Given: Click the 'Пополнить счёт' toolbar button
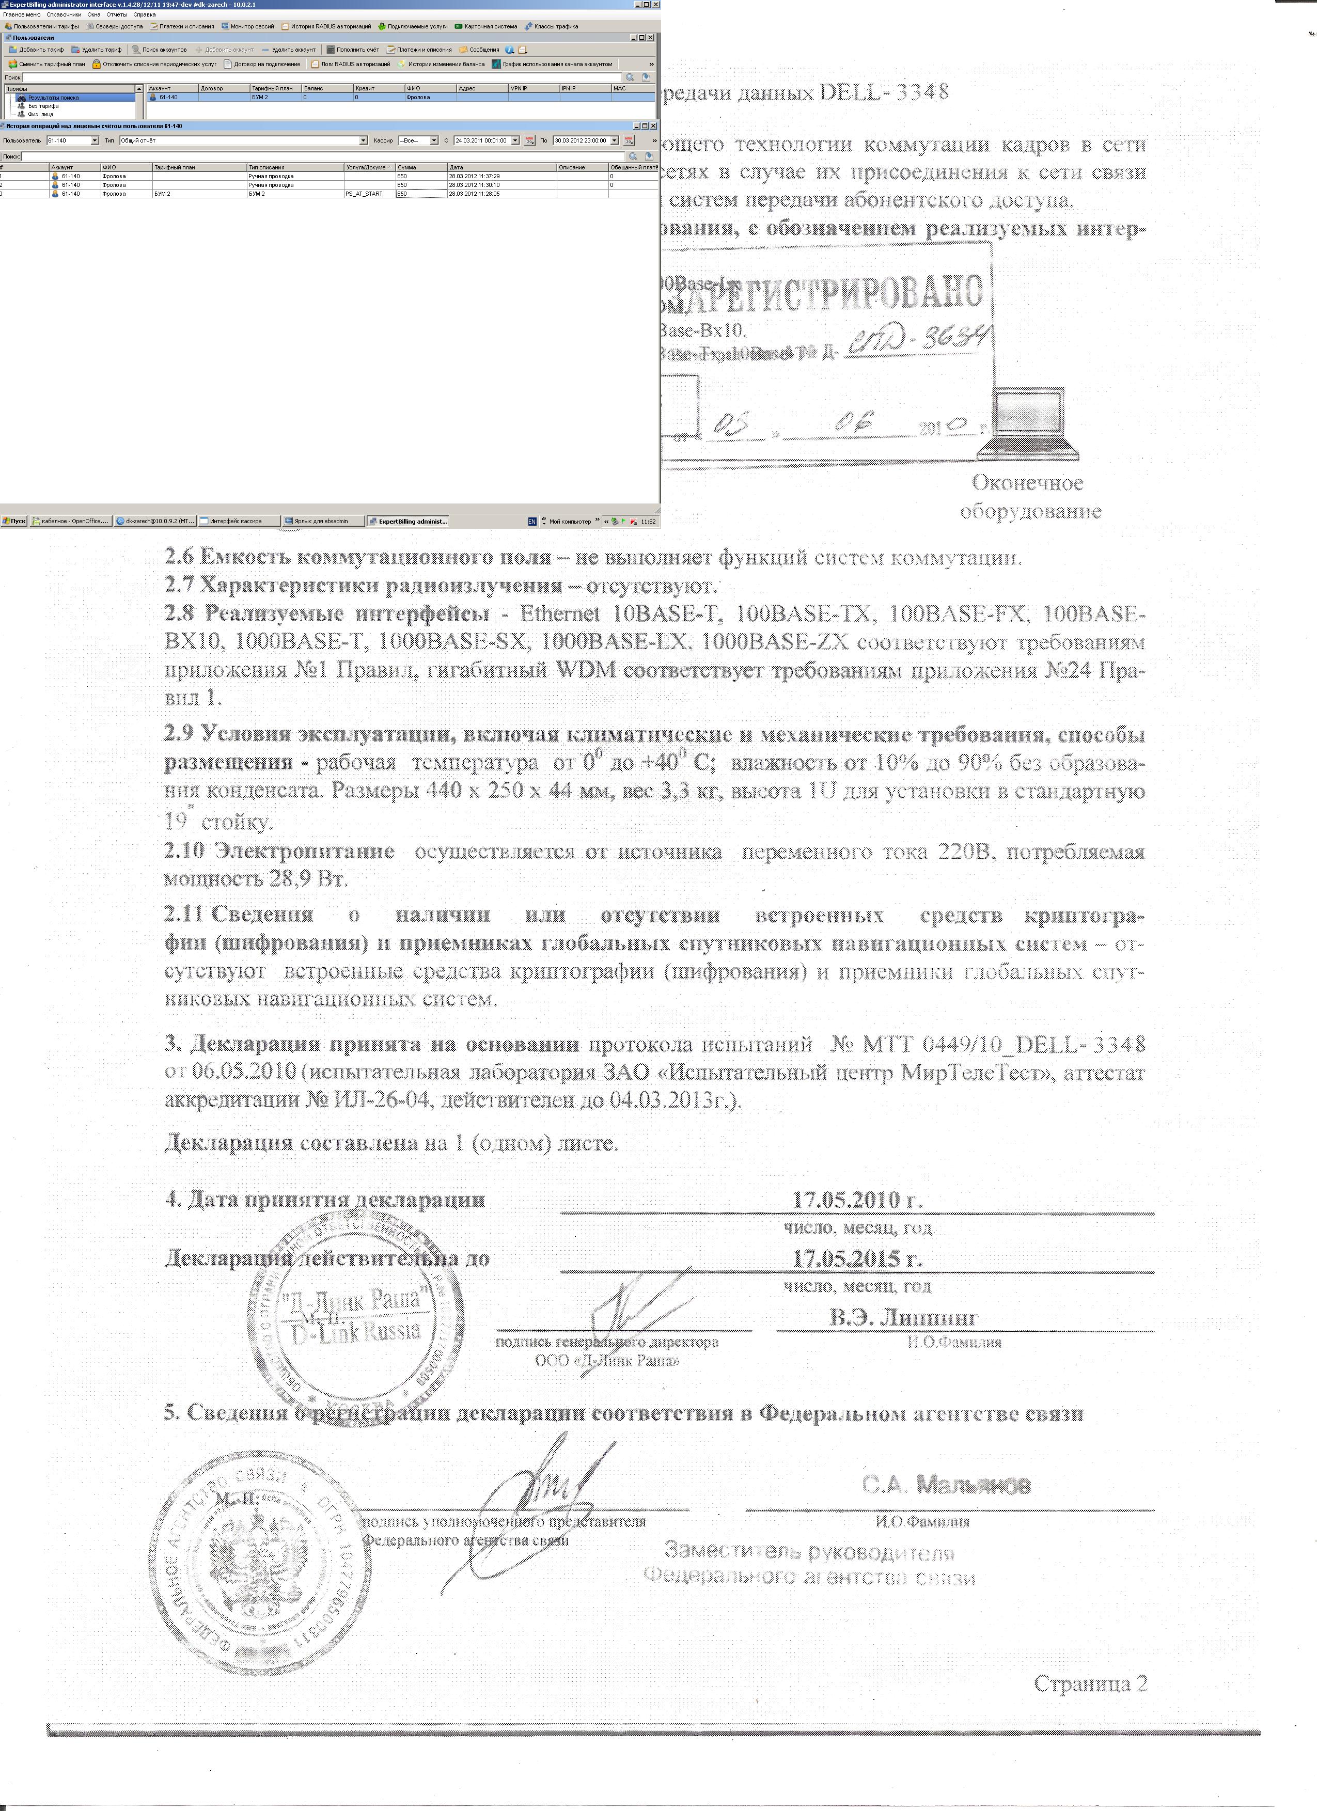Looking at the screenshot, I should click(x=357, y=50).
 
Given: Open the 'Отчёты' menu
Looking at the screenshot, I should click(x=117, y=14).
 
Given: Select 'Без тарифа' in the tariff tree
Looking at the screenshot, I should click(x=43, y=105).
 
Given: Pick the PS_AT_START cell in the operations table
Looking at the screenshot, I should click(x=364, y=193).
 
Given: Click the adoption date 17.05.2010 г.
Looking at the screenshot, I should click(x=857, y=1200).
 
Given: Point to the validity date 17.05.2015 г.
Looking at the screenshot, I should click(x=857, y=1258).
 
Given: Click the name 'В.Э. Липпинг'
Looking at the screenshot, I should click(x=903, y=1317).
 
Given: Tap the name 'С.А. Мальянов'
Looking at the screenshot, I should click(x=946, y=1485).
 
